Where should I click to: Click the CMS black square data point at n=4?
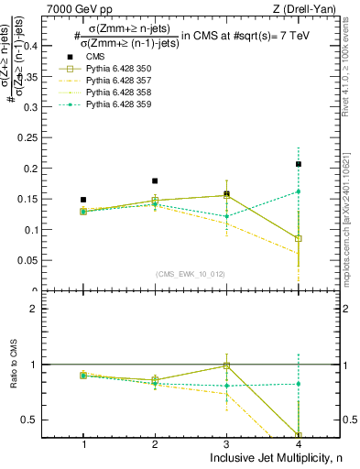pyautogui.click(x=299, y=164)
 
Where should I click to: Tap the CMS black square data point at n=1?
pyautogui.click(x=83, y=199)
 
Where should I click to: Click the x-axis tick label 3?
pyautogui.click(x=226, y=444)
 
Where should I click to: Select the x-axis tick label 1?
pyautogui.click(x=83, y=444)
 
